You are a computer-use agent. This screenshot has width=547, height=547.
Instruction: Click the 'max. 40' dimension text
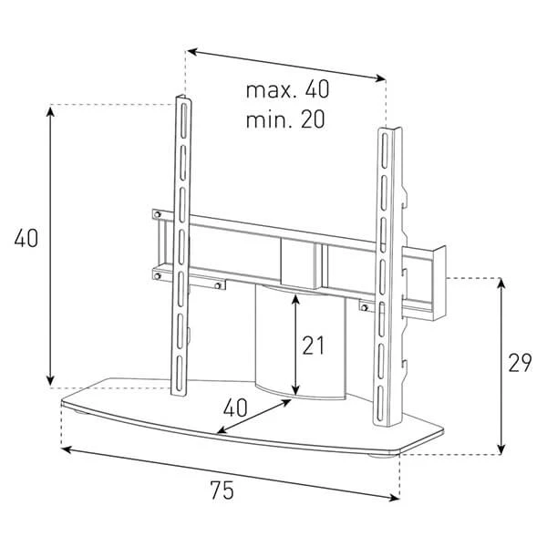coord(287,89)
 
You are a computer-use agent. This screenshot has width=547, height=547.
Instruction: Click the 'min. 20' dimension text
coord(285,119)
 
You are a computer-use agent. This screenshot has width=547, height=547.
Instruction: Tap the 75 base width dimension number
coord(222,490)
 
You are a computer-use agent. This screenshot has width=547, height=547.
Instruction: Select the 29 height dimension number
coord(520,363)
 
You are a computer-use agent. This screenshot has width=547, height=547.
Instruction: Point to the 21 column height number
coord(314,346)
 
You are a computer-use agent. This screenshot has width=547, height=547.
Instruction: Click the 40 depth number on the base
coord(235,408)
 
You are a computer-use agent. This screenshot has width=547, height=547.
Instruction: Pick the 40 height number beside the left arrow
coord(26,239)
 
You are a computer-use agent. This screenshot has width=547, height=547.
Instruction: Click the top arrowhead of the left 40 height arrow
coord(51,112)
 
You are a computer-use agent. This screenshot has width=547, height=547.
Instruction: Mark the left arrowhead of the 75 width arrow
coord(67,449)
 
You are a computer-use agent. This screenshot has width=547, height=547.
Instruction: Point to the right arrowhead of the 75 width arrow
coord(394,498)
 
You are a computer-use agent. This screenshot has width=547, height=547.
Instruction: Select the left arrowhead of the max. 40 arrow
coord(193,52)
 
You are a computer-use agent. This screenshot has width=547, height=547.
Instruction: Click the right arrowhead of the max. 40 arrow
coord(379,78)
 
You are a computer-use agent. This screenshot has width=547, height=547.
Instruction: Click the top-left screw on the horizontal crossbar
coord(158,214)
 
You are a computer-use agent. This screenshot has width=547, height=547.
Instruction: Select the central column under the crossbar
coord(301,342)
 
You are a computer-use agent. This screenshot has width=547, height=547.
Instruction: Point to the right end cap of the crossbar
coord(439,283)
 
